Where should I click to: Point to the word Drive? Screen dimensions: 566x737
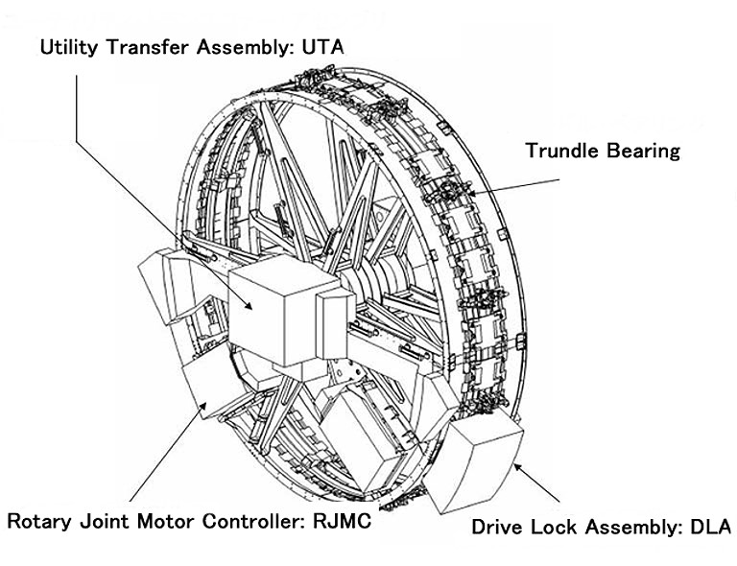coord(499,527)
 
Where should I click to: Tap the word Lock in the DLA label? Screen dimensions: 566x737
coord(551,527)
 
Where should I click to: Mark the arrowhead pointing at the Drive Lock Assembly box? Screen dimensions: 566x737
coord(518,466)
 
